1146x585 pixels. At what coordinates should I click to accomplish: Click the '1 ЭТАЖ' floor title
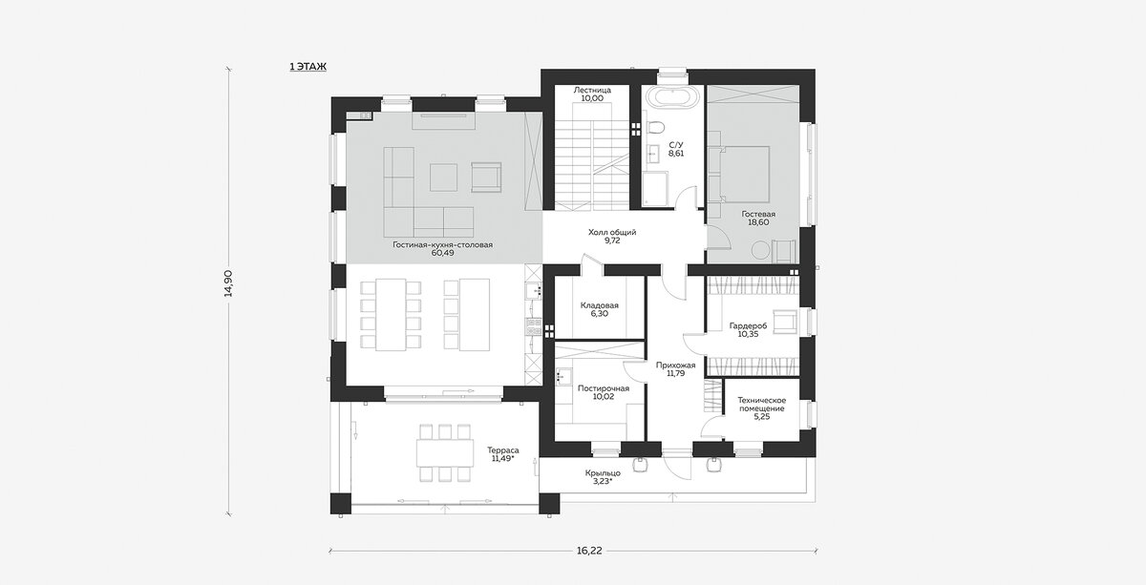click(x=308, y=67)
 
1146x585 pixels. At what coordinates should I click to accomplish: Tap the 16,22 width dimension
click(x=589, y=551)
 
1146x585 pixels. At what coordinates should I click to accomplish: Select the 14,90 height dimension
click(x=228, y=283)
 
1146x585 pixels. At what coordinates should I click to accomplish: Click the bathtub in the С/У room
click(x=671, y=97)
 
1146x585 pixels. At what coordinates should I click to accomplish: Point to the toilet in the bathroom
click(x=655, y=126)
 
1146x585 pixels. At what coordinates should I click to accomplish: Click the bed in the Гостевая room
click(x=743, y=174)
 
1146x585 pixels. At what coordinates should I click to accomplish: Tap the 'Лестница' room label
click(x=592, y=90)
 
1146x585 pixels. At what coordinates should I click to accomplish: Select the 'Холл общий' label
click(x=612, y=232)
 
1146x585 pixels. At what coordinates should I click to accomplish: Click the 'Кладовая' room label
click(x=600, y=305)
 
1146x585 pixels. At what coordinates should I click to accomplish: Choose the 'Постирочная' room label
click(x=604, y=388)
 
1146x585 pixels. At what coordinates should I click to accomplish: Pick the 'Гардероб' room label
click(x=748, y=325)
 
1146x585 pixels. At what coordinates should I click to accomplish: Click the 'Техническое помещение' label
click(x=762, y=405)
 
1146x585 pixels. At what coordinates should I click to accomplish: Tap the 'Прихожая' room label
click(x=676, y=366)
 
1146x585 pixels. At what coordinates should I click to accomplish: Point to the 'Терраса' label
click(x=503, y=450)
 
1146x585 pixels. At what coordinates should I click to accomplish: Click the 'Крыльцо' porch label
click(x=604, y=473)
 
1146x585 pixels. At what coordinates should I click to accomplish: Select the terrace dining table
click(x=445, y=452)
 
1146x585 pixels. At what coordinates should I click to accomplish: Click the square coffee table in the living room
click(x=443, y=177)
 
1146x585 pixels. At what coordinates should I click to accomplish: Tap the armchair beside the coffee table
click(x=486, y=177)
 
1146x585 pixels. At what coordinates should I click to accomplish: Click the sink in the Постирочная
click(x=563, y=377)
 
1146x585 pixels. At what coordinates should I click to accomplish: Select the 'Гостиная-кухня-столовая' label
click(x=443, y=245)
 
